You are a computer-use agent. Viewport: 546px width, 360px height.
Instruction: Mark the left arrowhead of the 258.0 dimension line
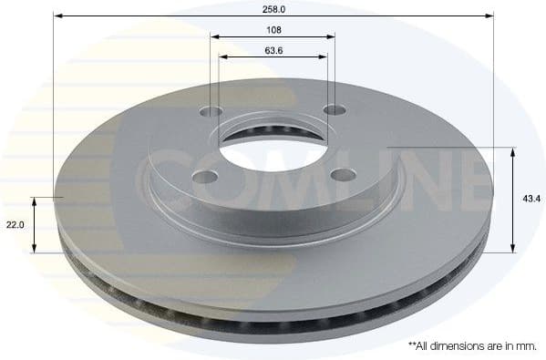[57, 15]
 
